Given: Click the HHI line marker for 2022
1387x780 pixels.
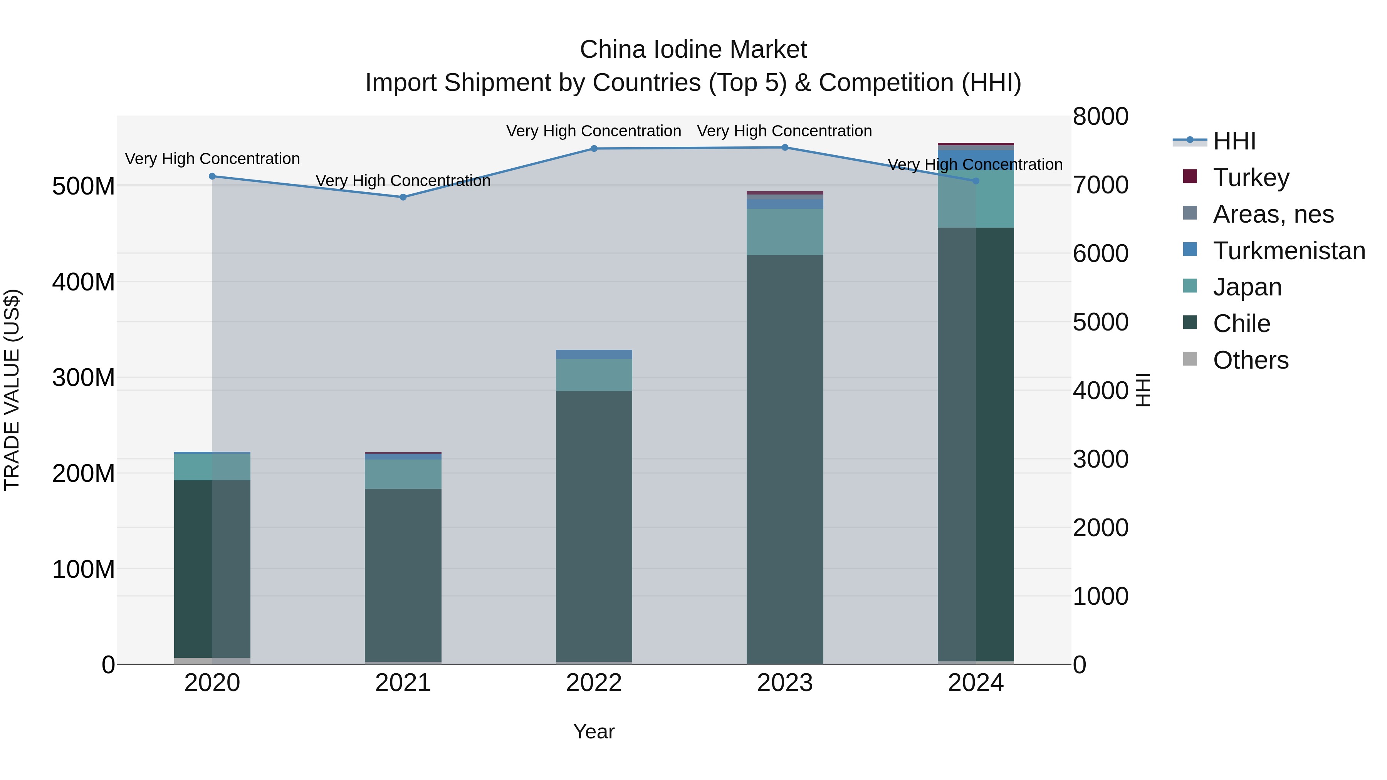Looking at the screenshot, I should [x=594, y=149].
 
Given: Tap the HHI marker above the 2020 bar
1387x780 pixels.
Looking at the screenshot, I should [x=212, y=176].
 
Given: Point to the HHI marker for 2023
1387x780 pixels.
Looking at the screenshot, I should [x=784, y=148].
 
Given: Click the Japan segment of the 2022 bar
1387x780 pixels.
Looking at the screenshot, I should [x=594, y=375].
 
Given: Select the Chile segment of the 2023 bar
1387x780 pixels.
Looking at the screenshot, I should [x=784, y=458].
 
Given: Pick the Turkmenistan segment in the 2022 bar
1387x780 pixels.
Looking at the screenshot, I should [x=594, y=354].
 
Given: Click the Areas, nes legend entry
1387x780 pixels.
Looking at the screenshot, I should [x=1273, y=214].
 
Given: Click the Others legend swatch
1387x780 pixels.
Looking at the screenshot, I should [x=1190, y=359].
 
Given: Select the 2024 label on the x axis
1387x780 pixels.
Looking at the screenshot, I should [x=975, y=683].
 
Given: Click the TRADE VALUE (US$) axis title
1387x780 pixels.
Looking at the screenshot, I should [x=12, y=390].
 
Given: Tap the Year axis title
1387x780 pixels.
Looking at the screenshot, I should [x=593, y=731].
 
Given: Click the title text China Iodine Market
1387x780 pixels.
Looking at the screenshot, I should [x=693, y=50].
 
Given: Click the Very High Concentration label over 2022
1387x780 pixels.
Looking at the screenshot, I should [x=593, y=131].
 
